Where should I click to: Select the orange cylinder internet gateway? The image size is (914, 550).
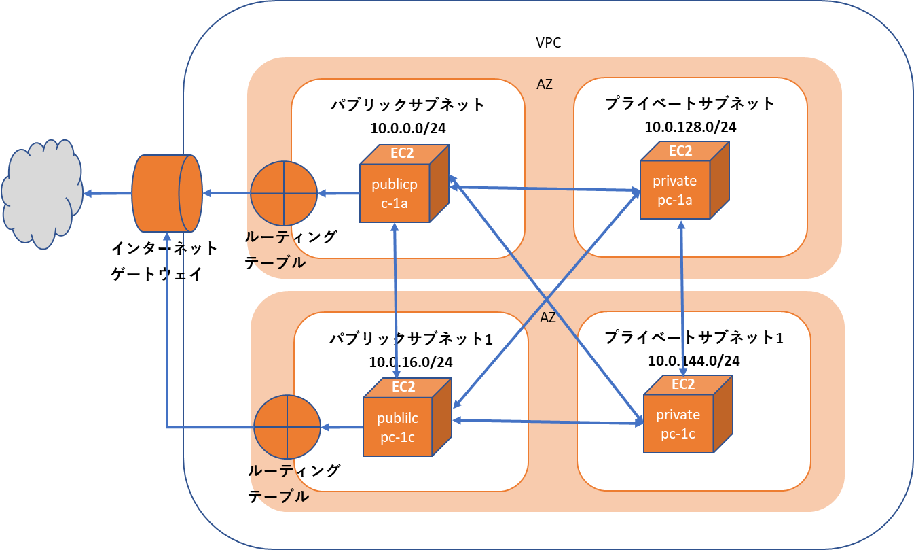point(167,193)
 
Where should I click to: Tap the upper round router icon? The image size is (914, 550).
point(284,194)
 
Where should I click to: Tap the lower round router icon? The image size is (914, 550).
point(287,427)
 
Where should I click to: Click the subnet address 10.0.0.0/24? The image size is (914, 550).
point(407,128)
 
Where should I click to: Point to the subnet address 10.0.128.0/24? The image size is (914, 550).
point(690,126)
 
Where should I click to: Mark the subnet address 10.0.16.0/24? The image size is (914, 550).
point(411,362)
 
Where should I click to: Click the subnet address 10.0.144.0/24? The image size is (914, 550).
point(693,360)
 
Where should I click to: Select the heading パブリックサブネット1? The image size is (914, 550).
point(411,339)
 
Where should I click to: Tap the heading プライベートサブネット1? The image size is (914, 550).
point(693,337)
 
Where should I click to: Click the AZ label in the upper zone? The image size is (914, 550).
point(545,85)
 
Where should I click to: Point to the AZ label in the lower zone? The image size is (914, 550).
point(548,317)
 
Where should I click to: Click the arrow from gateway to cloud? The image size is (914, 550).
point(109,194)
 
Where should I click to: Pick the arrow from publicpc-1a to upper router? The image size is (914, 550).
point(338,194)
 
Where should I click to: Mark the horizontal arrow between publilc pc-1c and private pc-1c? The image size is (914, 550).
point(547,422)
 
